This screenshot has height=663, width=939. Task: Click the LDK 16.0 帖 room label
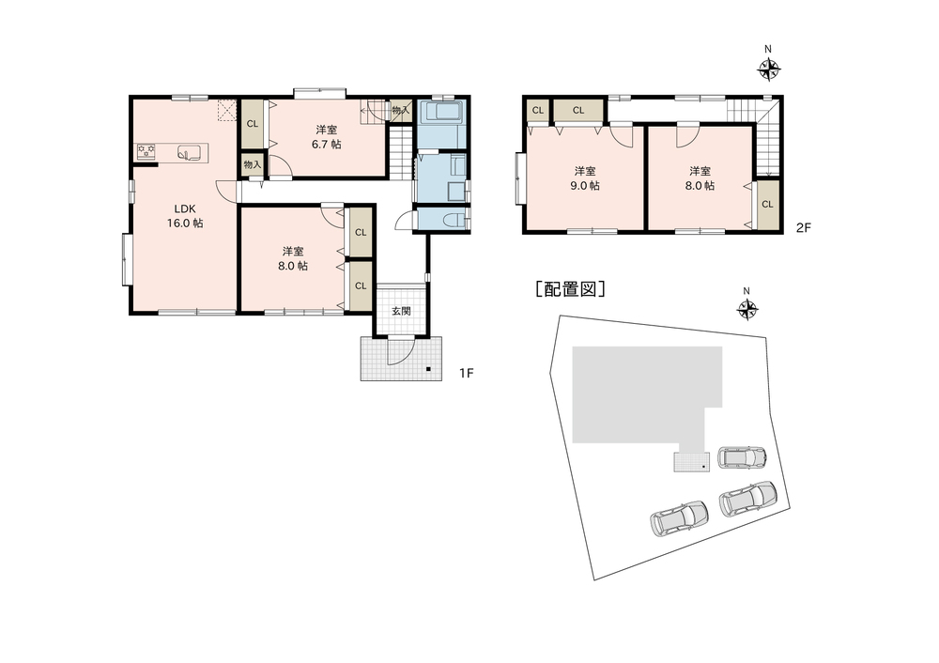186,216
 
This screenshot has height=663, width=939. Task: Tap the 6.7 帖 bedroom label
327,136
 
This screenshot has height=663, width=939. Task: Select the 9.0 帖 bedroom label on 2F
585,177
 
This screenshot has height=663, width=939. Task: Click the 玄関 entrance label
401,311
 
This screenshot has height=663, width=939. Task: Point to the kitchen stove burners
146,150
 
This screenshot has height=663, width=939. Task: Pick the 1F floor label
467,373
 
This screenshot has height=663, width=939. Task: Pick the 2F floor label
804,227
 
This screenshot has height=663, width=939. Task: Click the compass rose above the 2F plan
768,69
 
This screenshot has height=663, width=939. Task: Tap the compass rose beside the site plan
747,309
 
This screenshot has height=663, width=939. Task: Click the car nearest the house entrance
742,457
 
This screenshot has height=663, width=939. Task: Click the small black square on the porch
428,368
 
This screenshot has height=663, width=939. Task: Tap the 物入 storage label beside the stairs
401,110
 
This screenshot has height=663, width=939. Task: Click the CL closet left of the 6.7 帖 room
252,124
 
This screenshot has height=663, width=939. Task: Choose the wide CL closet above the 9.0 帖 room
577,110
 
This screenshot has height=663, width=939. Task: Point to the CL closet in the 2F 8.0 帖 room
767,204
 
